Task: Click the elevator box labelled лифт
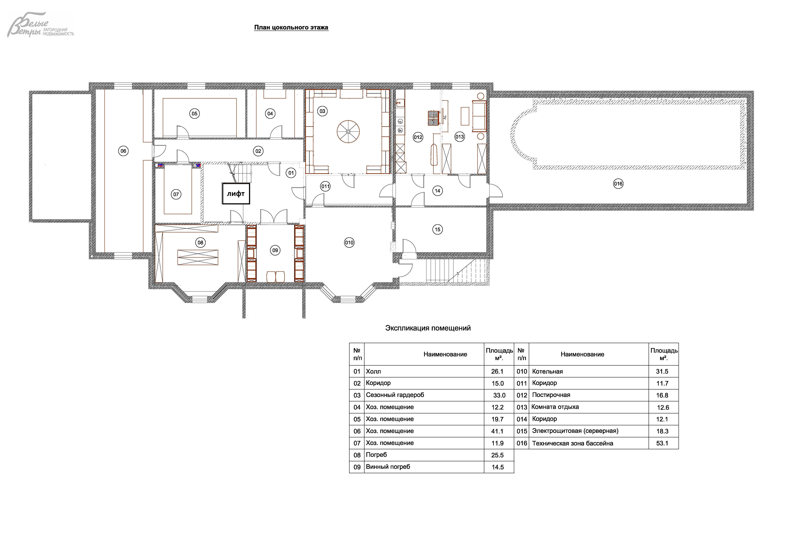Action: point(236,194)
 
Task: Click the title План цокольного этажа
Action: point(291,27)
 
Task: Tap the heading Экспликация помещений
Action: point(428,328)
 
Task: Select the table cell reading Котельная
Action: point(548,371)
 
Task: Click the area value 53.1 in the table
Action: point(662,443)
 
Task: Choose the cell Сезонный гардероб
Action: point(395,395)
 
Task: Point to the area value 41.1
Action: point(497,431)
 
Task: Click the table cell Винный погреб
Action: point(388,467)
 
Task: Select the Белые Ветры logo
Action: point(41,25)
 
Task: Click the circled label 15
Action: point(437,230)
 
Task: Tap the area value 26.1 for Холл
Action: point(497,371)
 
